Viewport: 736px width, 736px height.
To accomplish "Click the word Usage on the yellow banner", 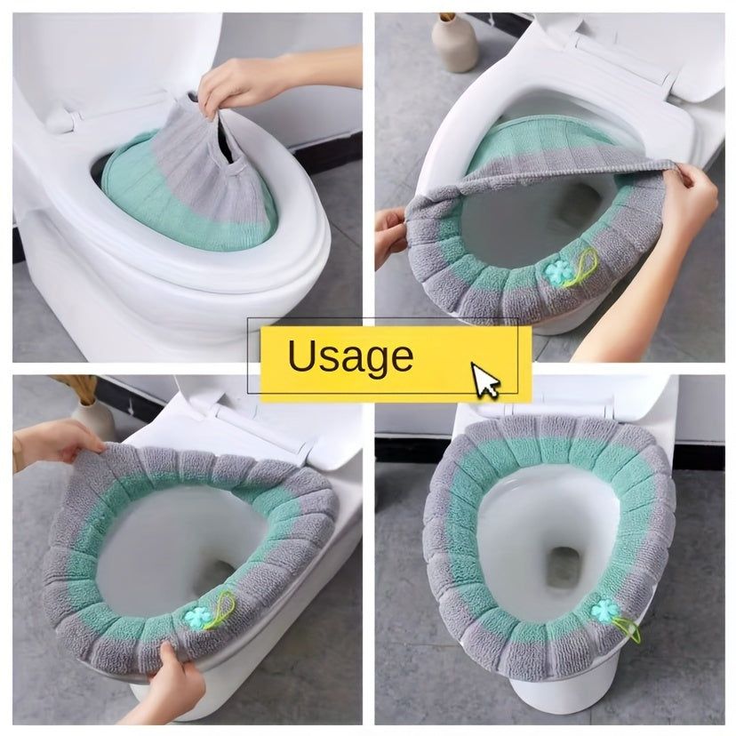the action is [350, 356].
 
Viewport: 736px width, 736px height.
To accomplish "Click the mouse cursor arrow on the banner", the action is [485, 380].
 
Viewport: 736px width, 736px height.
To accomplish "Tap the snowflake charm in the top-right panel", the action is [556, 272].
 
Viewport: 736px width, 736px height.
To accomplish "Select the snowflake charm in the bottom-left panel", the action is [196, 618].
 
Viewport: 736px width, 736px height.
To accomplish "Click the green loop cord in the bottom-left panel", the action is [220, 609].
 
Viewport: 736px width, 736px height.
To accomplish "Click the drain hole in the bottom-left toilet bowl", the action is [220, 571].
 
